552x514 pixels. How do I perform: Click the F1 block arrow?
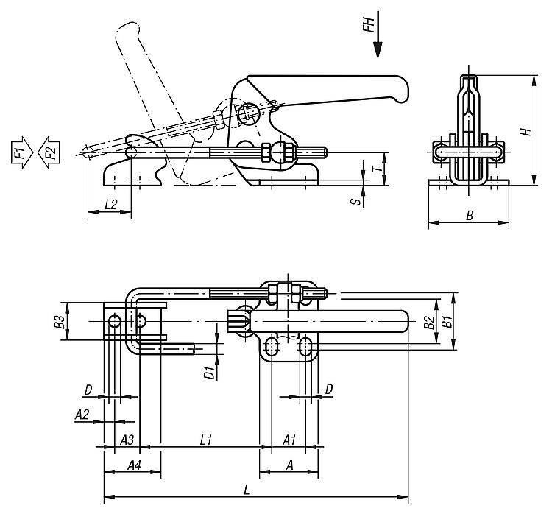[22, 152]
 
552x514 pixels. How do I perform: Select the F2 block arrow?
[49, 152]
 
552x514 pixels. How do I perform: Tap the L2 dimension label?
[111, 204]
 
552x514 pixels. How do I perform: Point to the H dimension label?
[526, 132]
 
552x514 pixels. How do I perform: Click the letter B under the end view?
[470, 215]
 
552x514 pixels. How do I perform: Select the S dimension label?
[357, 202]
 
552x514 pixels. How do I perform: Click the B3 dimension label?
[60, 322]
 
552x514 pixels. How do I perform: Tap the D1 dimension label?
[210, 373]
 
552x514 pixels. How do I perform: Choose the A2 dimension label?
[82, 415]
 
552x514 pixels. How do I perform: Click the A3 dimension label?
[127, 440]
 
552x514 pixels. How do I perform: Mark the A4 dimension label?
[134, 465]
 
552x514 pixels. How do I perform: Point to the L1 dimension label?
[206, 440]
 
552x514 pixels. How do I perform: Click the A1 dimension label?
[289, 440]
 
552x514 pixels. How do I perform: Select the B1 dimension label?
[447, 322]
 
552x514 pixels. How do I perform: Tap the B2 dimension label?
[429, 323]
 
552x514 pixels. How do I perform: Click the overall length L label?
[247, 490]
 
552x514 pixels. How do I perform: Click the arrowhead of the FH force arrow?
[378, 49]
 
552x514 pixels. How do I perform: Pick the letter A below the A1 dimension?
[289, 465]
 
